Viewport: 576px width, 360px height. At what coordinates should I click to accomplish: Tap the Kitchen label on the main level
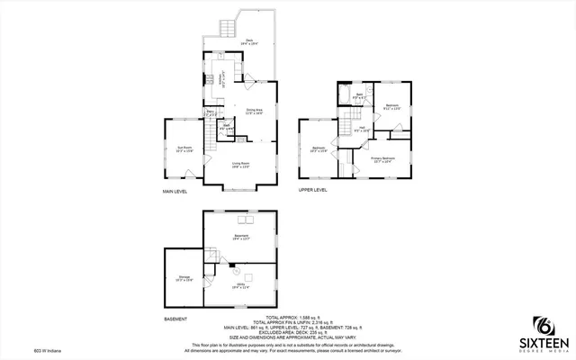point(219,76)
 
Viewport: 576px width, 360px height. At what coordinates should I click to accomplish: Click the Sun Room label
point(184,150)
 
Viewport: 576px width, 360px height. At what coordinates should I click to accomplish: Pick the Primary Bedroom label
point(383,159)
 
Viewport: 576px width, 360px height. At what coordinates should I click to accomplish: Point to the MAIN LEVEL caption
point(175,191)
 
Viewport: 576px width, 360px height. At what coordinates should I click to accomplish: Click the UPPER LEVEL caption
point(312,191)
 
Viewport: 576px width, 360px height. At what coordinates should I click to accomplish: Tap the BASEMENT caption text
point(175,319)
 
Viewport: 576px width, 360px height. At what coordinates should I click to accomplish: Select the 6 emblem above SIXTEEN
point(544,324)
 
